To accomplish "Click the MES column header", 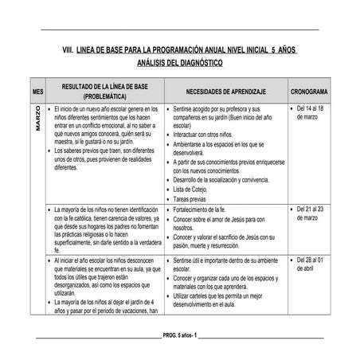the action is pyautogui.click(x=38, y=91).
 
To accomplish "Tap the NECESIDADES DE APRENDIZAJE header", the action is pyautogui.click(x=226, y=91).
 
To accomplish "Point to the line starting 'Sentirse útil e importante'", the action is pyautogui.click(x=225, y=260).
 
